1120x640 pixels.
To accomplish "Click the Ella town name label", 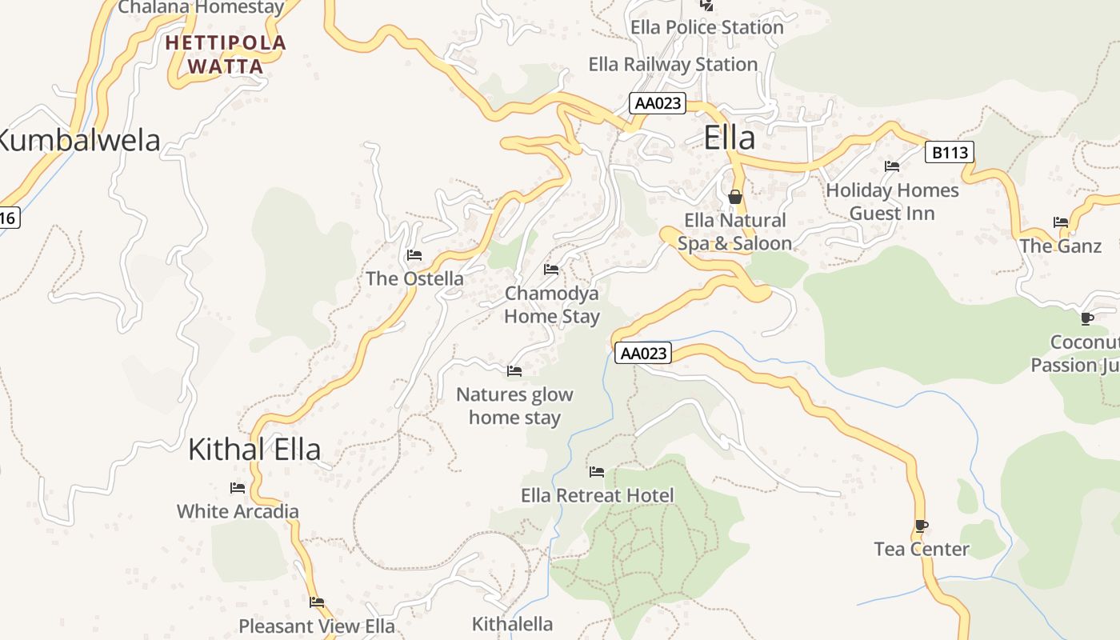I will (730, 138).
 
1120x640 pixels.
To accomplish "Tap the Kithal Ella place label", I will (254, 450).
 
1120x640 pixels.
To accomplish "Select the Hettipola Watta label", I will (226, 54).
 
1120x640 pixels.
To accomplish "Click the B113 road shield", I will (950, 152).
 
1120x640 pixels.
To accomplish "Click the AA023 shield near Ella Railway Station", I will (658, 103).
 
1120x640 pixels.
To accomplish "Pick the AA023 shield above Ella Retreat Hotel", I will (643, 353).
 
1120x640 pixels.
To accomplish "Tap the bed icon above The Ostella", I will (414, 255).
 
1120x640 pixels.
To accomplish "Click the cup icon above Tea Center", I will (922, 526).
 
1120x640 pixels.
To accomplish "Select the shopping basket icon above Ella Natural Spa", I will (735, 196).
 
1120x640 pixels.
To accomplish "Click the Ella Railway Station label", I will (673, 64).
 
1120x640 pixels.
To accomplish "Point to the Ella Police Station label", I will (707, 27).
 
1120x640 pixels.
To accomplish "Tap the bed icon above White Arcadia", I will (238, 487).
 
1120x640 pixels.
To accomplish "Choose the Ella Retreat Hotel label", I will (598, 495).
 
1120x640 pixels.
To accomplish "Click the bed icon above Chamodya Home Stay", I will (551, 270).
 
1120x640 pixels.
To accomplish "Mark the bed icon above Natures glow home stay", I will (514, 371).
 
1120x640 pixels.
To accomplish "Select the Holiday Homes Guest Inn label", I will (892, 202).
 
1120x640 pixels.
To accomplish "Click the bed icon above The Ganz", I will (1061, 222).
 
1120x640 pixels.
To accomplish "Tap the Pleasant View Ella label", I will (317, 626).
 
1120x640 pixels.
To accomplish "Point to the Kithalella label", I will (512, 624).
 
